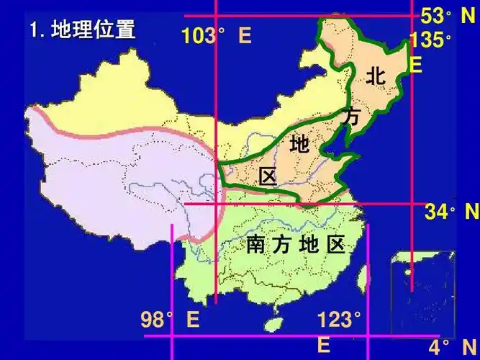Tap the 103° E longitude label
216,36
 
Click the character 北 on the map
376,75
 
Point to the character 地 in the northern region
299,145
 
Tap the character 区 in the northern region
268,176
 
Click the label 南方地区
296,245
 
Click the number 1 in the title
35,31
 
